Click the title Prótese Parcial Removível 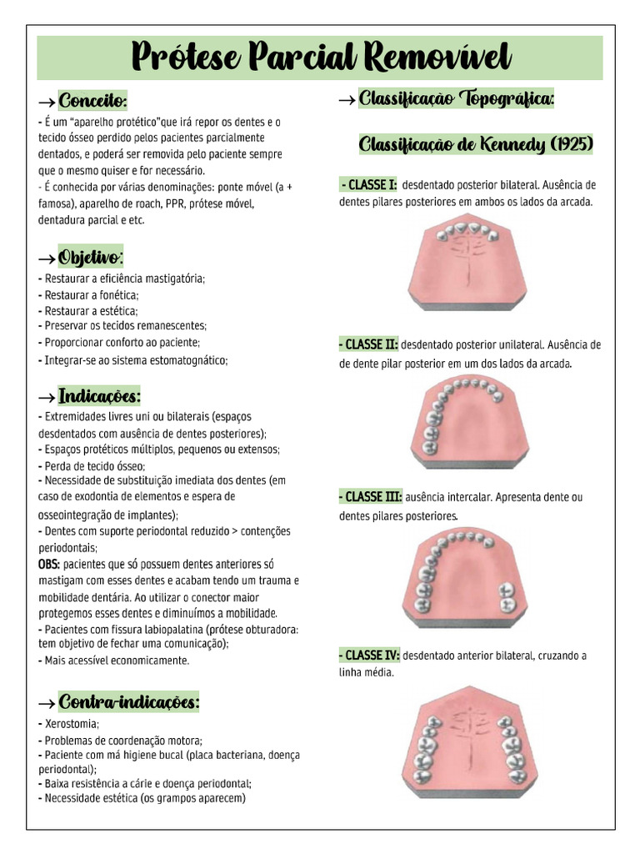coord(320,58)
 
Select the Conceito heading coord(92,102)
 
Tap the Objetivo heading coord(91,256)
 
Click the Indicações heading coord(99,394)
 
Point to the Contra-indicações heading coord(128,702)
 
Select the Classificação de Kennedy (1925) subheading coord(476,145)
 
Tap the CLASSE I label coord(369,185)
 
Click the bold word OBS coord(48,565)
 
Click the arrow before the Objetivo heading coord(47,257)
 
